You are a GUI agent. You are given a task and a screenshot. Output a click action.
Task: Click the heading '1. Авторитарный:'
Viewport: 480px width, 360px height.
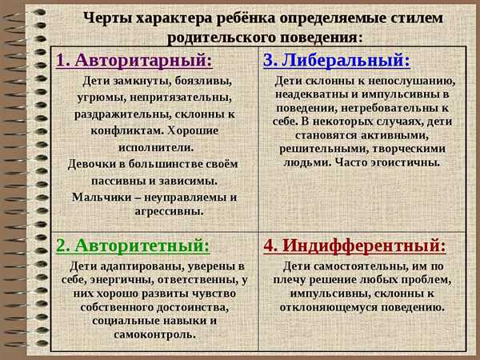[x=134, y=60]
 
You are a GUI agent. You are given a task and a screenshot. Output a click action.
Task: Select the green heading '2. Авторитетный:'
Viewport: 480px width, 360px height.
[x=133, y=246]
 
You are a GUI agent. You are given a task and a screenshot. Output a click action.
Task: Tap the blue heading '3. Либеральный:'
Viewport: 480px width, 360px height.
[x=337, y=60]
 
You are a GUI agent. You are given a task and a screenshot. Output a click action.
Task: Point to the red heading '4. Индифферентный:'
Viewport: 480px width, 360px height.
[x=354, y=246]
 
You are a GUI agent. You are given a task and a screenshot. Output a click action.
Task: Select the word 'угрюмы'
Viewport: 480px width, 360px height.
[x=101, y=98]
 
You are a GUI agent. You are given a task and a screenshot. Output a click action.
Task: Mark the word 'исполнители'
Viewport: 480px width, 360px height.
[x=156, y=147]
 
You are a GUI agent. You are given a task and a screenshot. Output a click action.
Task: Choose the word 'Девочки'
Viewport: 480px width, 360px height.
[x=91, y=164]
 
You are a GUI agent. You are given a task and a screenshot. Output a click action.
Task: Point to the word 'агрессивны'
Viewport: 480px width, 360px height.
[x=170, y=211]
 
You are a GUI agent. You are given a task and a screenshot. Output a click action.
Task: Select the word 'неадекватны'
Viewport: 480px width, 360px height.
[x=311, y=94]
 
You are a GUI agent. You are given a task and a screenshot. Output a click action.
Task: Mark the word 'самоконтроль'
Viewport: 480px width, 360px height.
[x=155, y=334]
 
